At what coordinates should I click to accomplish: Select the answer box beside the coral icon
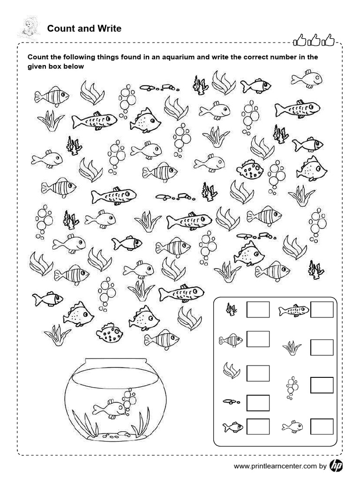pos(258,309)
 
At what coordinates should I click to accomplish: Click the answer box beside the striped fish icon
pos(258,339)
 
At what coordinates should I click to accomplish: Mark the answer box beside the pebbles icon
pos(258,403)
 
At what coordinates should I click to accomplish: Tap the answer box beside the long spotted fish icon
pos(322,309)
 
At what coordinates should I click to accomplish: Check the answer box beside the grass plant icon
pos(322,347)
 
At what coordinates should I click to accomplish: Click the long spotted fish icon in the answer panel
pos(294,310)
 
